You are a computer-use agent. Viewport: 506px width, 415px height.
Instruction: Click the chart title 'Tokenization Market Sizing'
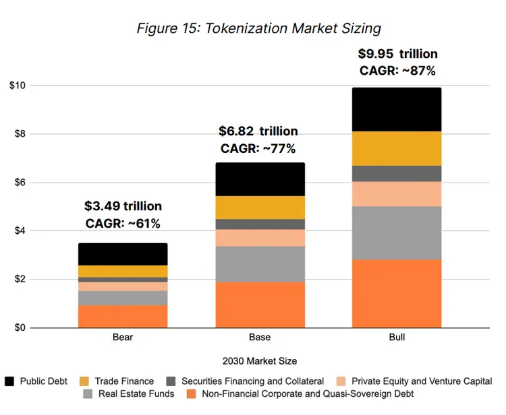[x=259, y=28]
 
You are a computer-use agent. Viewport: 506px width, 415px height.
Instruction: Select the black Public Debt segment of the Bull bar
[x=397, y=109]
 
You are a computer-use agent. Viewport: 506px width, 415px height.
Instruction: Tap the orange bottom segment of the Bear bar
[x=123, y=317]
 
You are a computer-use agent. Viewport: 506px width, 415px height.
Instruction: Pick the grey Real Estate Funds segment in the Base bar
[x=260, y=264]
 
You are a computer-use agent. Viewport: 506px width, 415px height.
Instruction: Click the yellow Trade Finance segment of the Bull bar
[x=397, y=148]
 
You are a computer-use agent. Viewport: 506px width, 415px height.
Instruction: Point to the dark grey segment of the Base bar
[x=260, y=224]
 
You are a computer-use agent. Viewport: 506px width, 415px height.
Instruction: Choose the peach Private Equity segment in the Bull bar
[x=397, y=194]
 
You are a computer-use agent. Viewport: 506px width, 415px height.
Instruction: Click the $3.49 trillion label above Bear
[x=123, y=206]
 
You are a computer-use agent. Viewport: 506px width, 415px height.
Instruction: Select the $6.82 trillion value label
[x=258, y=131]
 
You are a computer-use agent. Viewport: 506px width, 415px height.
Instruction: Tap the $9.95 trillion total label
[x=397, y=54]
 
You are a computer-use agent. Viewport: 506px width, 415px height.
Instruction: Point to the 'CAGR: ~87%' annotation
[x=397, y=71]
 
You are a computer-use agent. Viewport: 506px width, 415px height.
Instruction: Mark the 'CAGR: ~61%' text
[x=123, y=223]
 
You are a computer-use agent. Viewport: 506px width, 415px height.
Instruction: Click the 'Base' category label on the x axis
[x=260, y=337]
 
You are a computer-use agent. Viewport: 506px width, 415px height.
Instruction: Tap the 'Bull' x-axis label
[x=397, y=337]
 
